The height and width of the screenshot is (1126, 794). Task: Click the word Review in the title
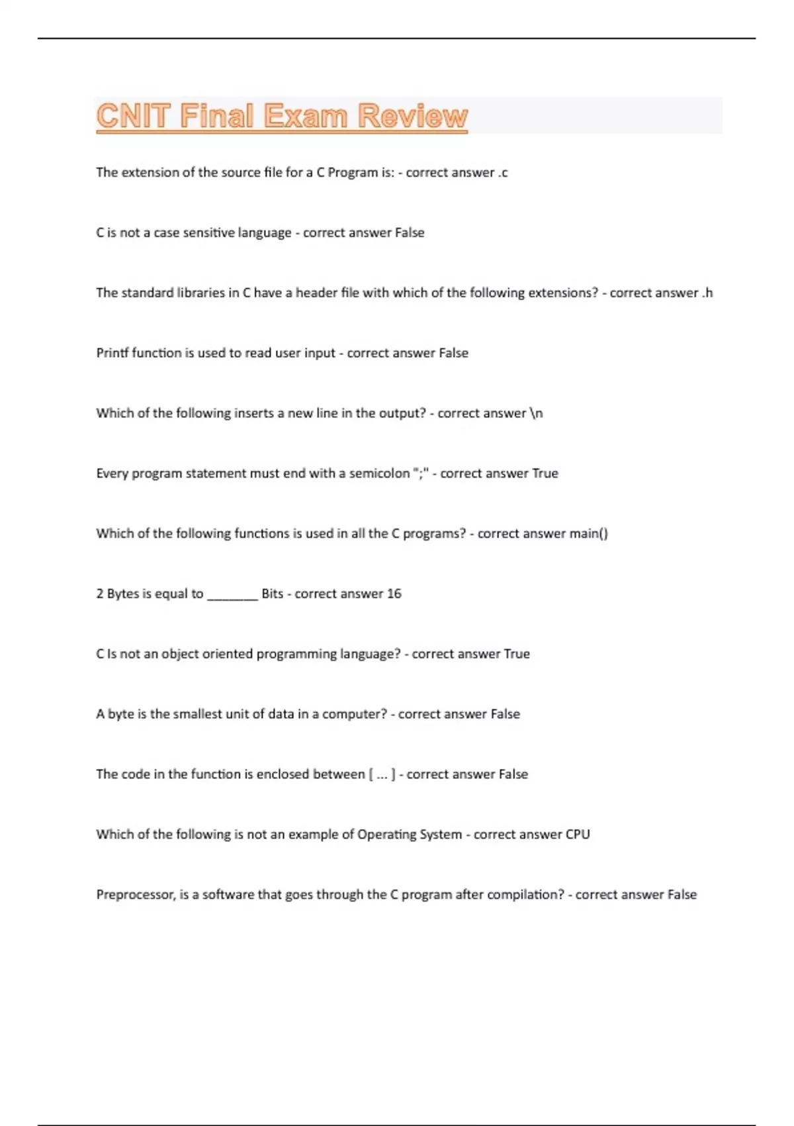[x=413, y=116]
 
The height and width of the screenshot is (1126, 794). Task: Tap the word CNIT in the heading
[x=134, y=116]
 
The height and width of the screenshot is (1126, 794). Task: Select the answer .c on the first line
[x=503, y=173]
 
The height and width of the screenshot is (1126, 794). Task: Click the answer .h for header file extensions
[x=707, y=293]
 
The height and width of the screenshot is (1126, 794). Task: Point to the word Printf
[x=112, y=353]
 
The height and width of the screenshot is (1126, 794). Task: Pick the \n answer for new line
[x=537, y=413]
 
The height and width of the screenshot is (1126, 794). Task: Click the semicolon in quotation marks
[x=421, y=473]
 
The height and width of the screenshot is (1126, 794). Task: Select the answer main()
[x=589, y=533]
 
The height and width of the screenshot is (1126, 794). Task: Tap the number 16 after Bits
[x=394, y=593]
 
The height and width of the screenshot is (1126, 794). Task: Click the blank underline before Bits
[x=232, y=595]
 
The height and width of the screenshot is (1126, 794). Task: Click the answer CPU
[x=578, y=835]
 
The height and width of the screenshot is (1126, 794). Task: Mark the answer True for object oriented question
[x=517, y=654]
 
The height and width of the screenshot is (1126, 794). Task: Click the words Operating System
[x=410, y=835]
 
